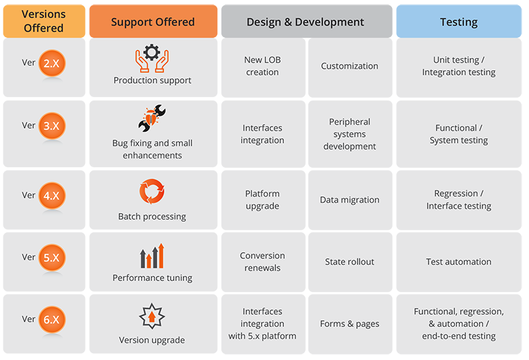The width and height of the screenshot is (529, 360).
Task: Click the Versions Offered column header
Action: (44, 21)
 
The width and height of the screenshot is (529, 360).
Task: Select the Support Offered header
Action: (152, 22)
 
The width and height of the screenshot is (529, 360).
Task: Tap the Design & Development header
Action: (306, 22)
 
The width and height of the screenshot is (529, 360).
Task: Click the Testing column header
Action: (459, 22)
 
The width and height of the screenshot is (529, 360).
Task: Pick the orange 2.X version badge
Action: (51, 63)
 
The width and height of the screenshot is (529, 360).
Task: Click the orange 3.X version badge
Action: (51, 126)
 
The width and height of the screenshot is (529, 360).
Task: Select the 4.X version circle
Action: (51, 196)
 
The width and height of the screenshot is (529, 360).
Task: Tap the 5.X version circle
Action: (51, 258)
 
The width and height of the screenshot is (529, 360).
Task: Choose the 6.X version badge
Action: (51, 320)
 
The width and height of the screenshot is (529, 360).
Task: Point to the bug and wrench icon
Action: (152, 119)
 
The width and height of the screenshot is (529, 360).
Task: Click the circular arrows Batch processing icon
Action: (152, 191)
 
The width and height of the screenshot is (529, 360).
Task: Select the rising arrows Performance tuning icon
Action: (152, 256)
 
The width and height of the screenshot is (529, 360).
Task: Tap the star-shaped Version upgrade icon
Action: (152, 316)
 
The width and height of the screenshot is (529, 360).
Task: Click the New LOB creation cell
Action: (262, 66)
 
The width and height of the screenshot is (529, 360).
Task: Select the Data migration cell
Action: (350, 200)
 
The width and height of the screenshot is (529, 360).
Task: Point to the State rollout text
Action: (350, 262)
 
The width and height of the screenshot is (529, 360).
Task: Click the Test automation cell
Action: (459, 262)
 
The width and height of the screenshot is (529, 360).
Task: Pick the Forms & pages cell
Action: (350, 324)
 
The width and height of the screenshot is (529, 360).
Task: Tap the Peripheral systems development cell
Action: (350, 134)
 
